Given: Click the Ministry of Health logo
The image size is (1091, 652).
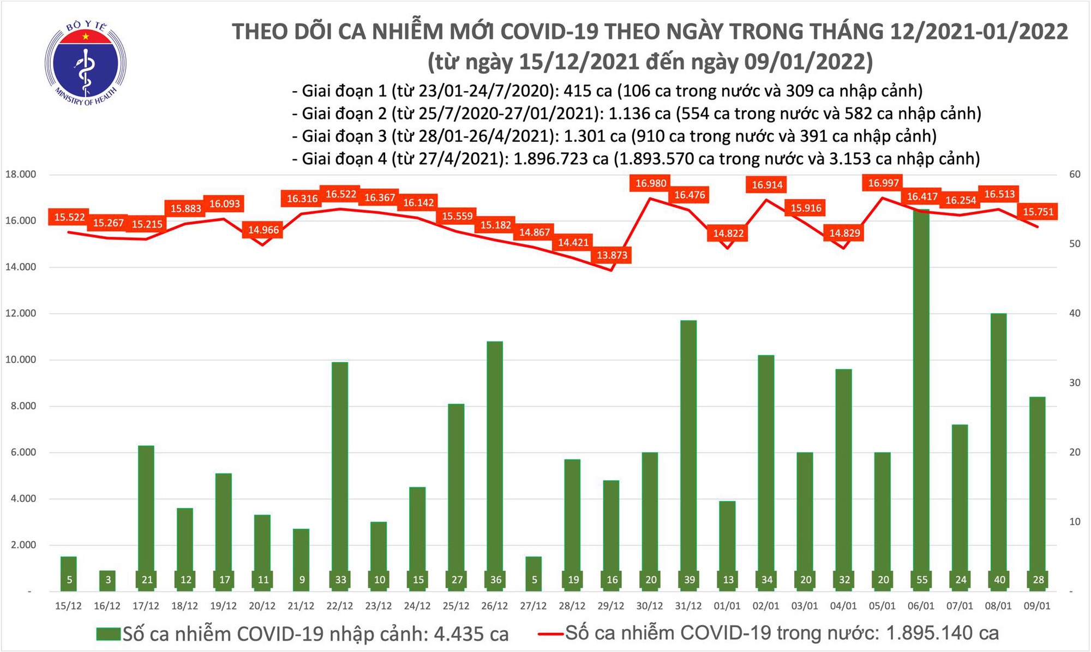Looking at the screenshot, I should point(85,63).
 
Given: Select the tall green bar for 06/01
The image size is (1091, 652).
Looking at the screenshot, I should point(922,398).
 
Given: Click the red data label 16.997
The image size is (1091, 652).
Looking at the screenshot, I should point(883,183).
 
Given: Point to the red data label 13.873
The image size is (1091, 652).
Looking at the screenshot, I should point(612,255).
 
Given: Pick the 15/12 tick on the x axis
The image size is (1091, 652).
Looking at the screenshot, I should point(69,606).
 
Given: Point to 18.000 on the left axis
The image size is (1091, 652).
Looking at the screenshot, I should point(21,175).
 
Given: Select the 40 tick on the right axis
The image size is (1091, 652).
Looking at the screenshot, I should point(1075,313).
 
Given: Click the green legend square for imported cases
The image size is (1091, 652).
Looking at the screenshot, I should point(108,634).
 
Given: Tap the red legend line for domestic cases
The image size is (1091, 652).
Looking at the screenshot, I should point(550,634).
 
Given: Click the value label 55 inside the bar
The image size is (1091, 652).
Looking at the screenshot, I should point(922,580).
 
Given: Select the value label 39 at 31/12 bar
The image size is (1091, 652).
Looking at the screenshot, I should point(690,580).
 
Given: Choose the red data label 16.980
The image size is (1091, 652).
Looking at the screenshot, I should point(651,183).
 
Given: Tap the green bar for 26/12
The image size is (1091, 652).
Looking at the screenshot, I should point(495,464).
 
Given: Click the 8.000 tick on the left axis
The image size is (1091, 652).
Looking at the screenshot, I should point(21,406).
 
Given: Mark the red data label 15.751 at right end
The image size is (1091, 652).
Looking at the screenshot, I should point(1038,212).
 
